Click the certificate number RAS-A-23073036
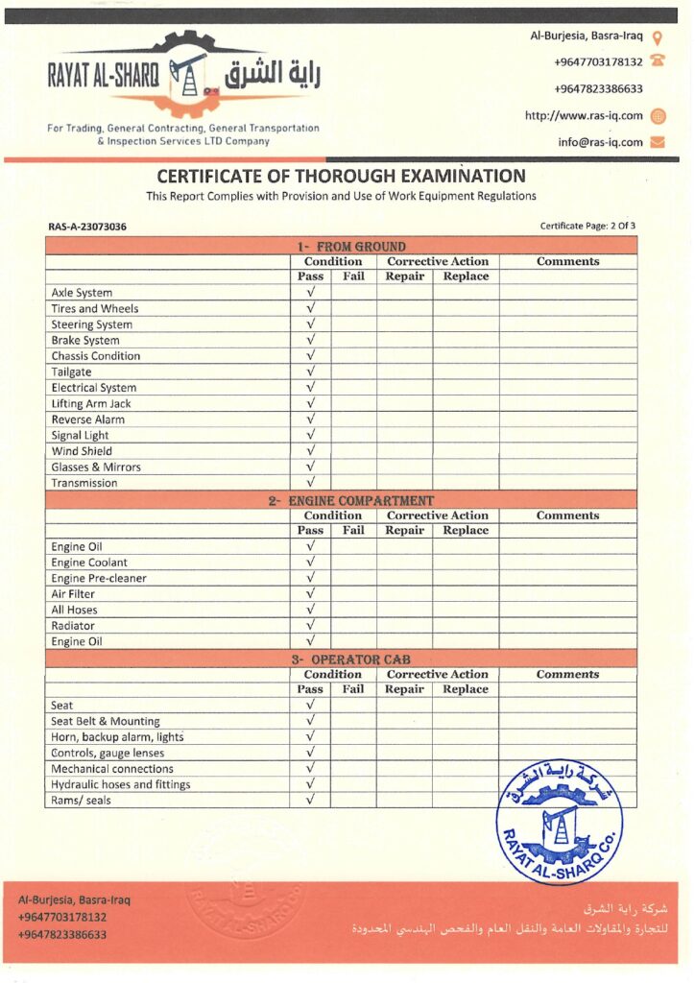point(87,227)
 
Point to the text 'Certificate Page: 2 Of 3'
point(587,227)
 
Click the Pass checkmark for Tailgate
point(310,372)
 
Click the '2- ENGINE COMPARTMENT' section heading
point(350,500)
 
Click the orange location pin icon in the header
point(658,37)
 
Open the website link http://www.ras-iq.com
point(584,115)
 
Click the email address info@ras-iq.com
point(600,142)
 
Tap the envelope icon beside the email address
point(658,142)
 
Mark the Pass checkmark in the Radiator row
point(310,626)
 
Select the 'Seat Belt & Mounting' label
point(106,721)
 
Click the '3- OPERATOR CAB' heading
point(350,659)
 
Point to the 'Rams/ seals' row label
point(81,801)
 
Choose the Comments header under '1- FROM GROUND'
point(567,261)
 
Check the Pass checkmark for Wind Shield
point(310,451)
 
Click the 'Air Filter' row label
point(73,594)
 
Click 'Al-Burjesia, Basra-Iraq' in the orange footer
point(75,900)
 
